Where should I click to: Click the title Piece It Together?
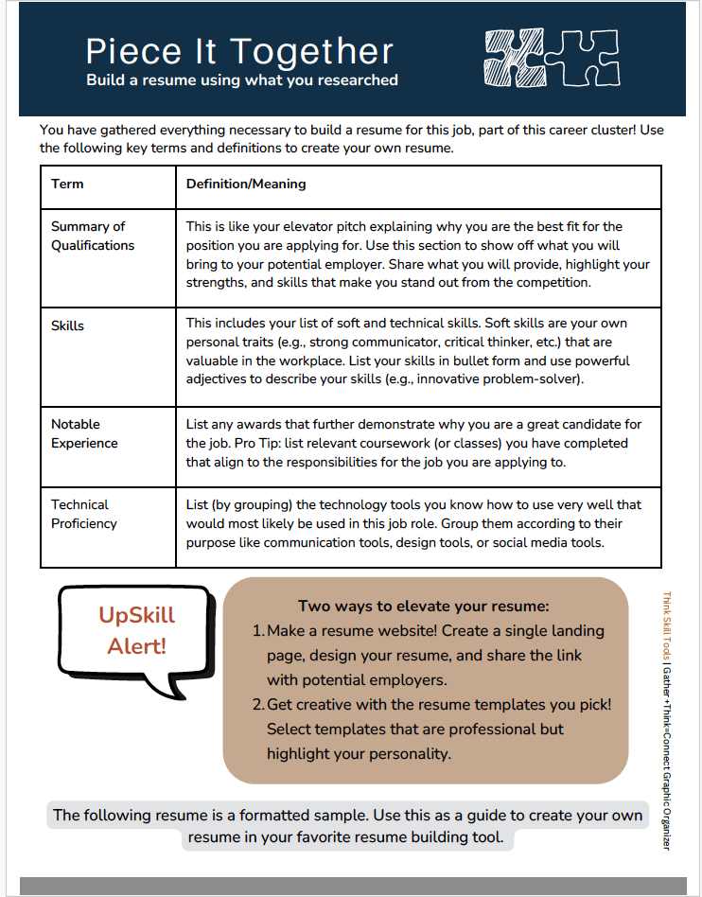pyautogui.click(x=239, y=51)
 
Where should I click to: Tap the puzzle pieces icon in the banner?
pyautogui.click(x=552, y=58)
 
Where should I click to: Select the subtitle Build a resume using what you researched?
pyautogui.click(x=242, y=80)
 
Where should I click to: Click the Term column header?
pyautogui.click(x=67, y=184)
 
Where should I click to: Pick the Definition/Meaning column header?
pyautogui.click(x=246, y=184)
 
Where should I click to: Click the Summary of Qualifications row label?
pyautogui.click(x=93, y=236)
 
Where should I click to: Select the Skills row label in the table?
pyautogui.click(x=67, y=325)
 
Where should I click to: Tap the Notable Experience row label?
pyautogui.click(x=84, y=433)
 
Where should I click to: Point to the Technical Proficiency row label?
pyautogui.click(x=84, y=514)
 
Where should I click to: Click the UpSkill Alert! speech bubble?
pyautogui.click(x=137, y=631)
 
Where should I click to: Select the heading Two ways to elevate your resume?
pyautogui.click(x=424, y=606)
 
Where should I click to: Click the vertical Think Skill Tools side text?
pyautogui.click(x=666, y=628)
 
